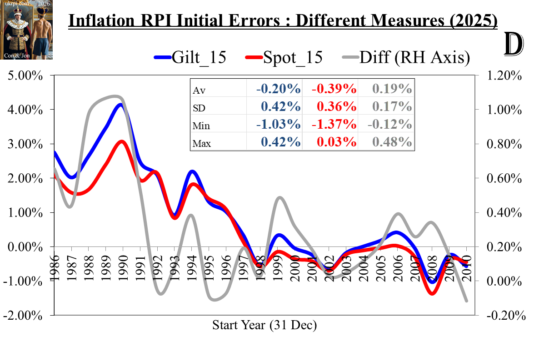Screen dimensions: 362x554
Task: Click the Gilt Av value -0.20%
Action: click(x=278, y=89)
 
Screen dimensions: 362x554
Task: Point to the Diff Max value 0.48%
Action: click(x=392, y=142)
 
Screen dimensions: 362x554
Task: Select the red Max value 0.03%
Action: click(x=337, y=142)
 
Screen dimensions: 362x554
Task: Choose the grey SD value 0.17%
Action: click(x=392, y=107)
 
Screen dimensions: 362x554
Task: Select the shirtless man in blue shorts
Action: click(x=41, y=32)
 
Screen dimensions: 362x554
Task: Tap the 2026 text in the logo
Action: click(x=44, y=4)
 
